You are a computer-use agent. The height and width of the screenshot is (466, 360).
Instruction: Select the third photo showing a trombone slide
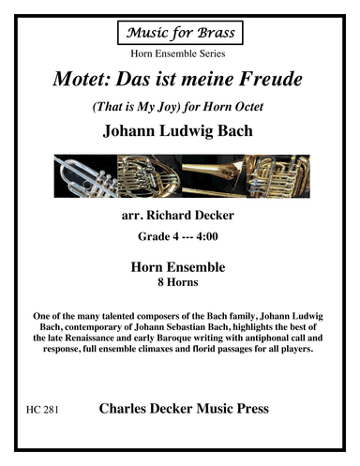[x=211, y=174]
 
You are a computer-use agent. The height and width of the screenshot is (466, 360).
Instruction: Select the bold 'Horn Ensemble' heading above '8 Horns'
[x=179, y=267]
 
